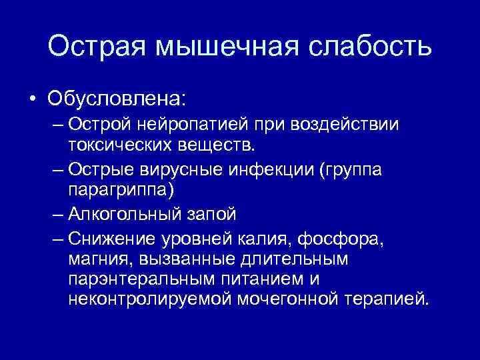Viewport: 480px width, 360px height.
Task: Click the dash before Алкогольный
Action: pos(57,215)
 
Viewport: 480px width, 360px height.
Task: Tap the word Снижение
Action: pos(113,238)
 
